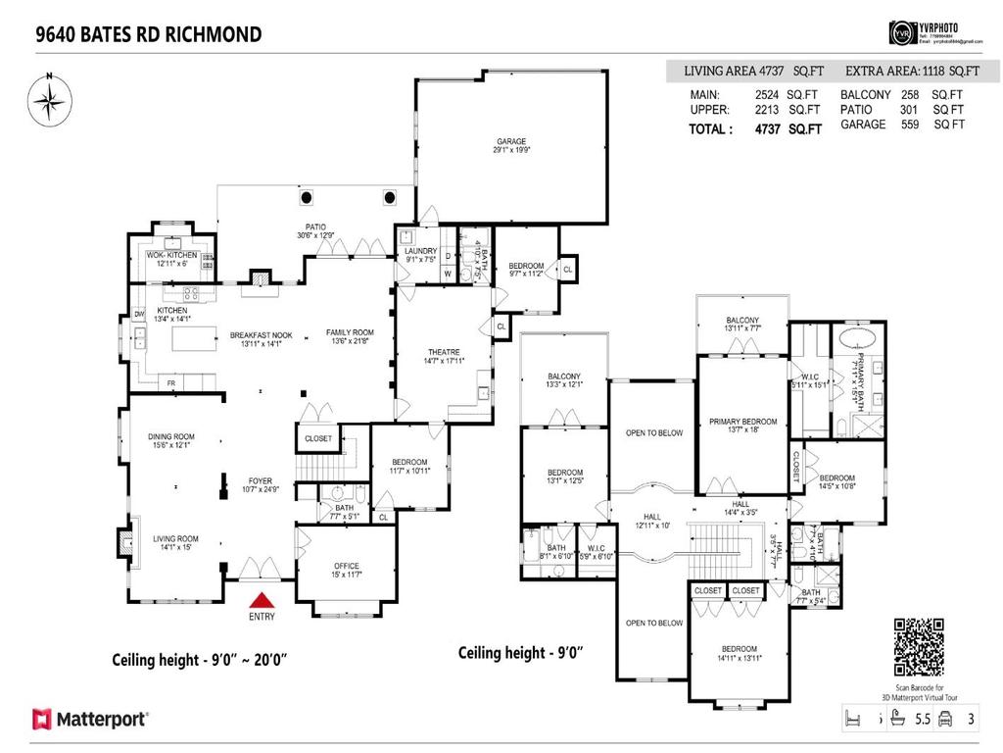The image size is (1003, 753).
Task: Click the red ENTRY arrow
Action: tap(262, 601)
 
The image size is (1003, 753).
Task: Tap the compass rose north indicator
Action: tap(46, 102)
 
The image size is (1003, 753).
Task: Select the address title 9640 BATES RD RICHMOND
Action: tap(149, 34)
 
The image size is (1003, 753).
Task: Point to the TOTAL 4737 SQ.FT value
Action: tap(755, 128)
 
